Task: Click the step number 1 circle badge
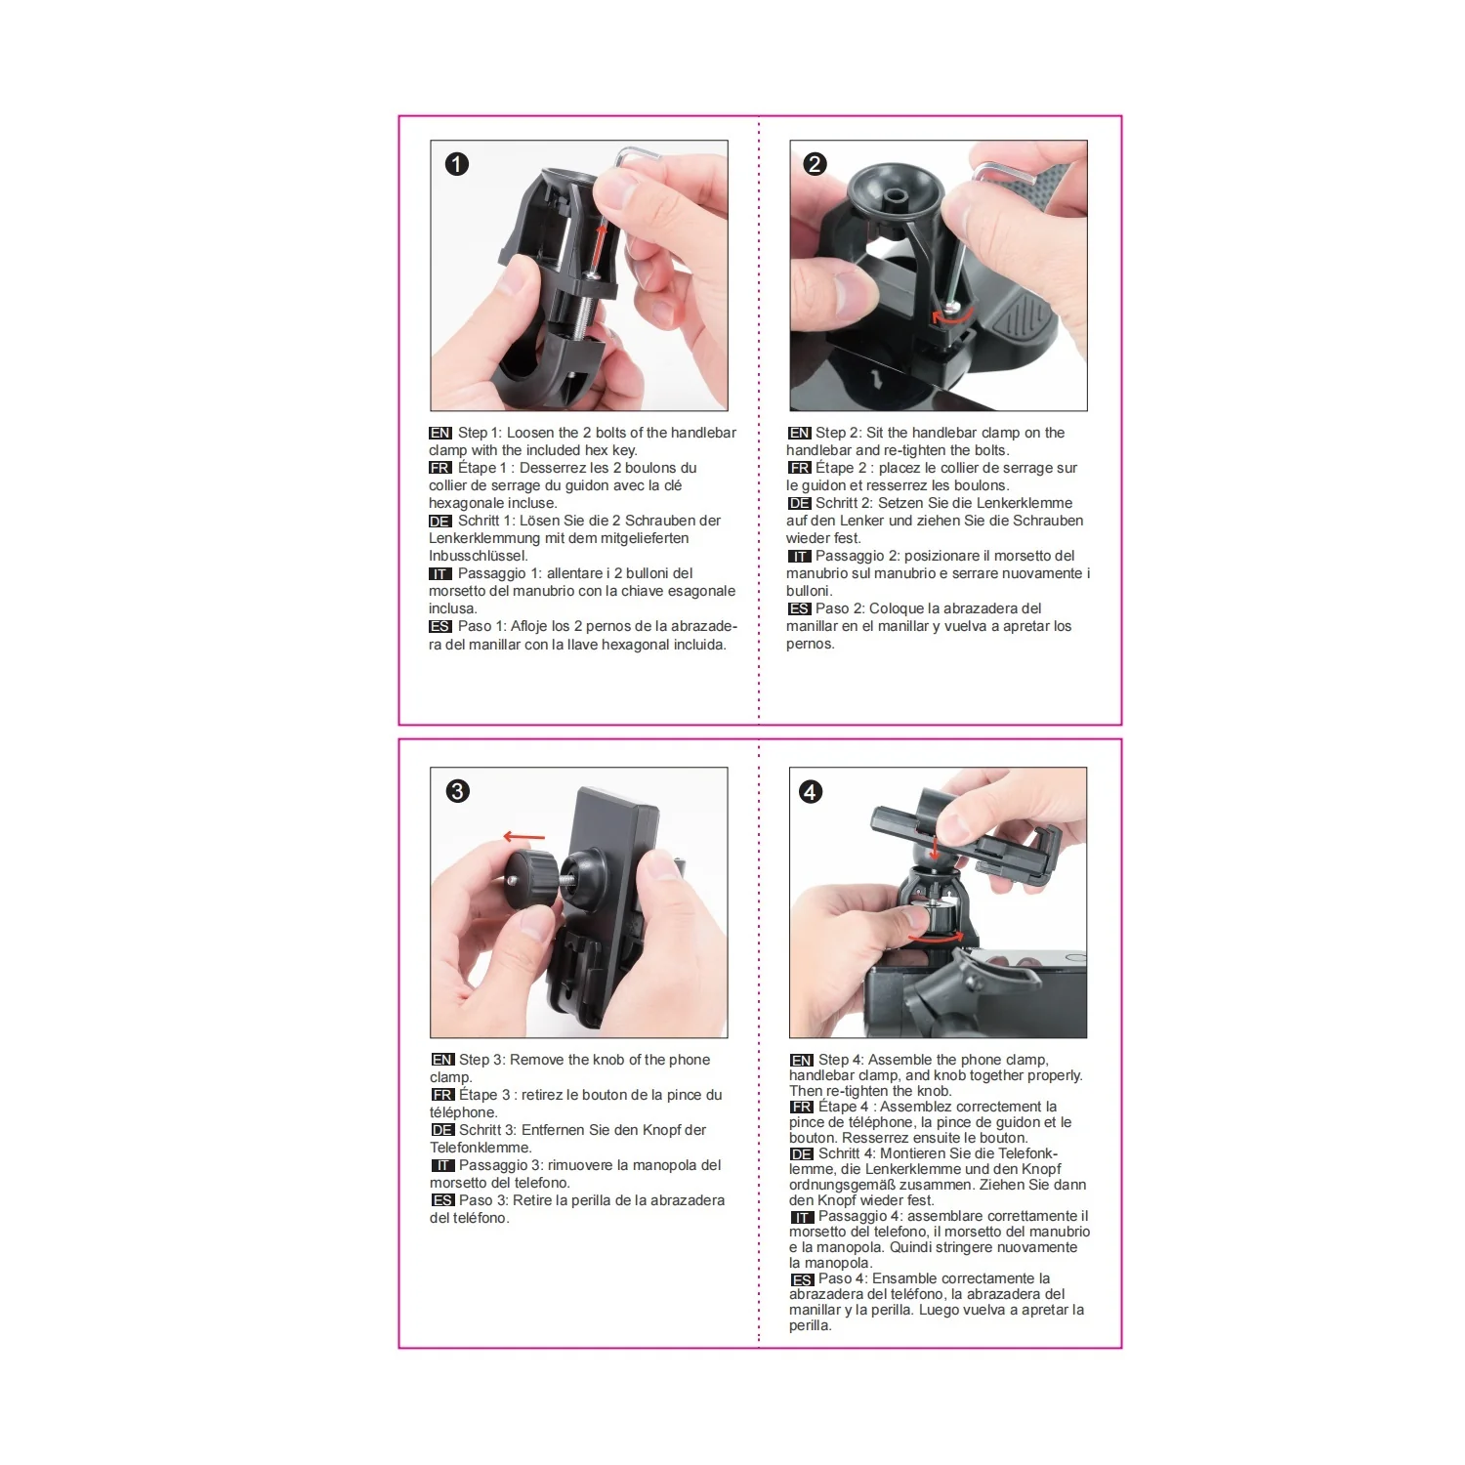pyautogui.click(x=456, y=164)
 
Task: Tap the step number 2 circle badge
pyautogui.click(x=815, y=164)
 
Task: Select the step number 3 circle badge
pyautogui.click(x=457, y=791)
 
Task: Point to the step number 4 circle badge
pyautogui.click(x=811, y=791)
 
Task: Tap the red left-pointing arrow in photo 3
pyautogui.click(x=524, y=837)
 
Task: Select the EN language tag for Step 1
pyautogui.click(x=440, y=433)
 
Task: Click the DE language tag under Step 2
pyautogui.click(x=800, y=503)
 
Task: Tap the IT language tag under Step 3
pyautogui.click(x=442, y=1165)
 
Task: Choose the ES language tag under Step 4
pyautogui.click(x=802, y=1278)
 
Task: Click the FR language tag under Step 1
pyautogui.click(x=440, y=468)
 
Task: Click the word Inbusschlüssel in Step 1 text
pyautogui.click(x=478, y=556)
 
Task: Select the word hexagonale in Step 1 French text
pyautogui.click(x=464, y=503)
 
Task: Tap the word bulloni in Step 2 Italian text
pyautogui.click(x=808, y=591)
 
